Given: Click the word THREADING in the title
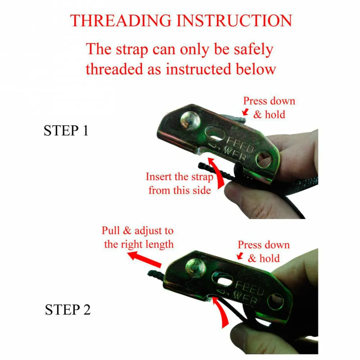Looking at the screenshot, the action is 121,21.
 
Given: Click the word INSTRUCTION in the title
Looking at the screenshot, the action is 234,21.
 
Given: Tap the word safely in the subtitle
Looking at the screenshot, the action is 253,49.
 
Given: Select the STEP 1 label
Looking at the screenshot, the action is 66,131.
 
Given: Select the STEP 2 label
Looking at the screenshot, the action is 68,310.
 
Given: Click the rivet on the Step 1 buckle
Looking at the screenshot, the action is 190,121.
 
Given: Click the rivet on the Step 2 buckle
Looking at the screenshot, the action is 195,268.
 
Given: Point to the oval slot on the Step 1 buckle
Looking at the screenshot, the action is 215,133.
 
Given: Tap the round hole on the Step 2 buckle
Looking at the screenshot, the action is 275,302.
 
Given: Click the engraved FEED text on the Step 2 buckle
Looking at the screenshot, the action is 250,288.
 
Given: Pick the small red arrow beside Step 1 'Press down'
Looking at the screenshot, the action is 246,112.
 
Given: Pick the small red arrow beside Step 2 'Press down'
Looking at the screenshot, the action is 240,256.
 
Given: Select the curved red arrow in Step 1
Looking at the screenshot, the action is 218,172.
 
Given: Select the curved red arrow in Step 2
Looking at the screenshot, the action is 221,311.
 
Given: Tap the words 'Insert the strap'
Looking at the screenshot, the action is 180,177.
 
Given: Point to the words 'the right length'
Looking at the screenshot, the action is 139,244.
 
